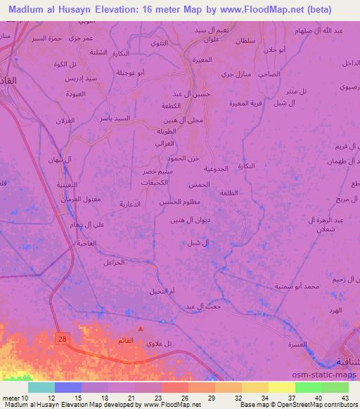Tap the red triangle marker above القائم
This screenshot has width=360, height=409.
pos(141,327)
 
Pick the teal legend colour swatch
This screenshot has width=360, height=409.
pos(41,387)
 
